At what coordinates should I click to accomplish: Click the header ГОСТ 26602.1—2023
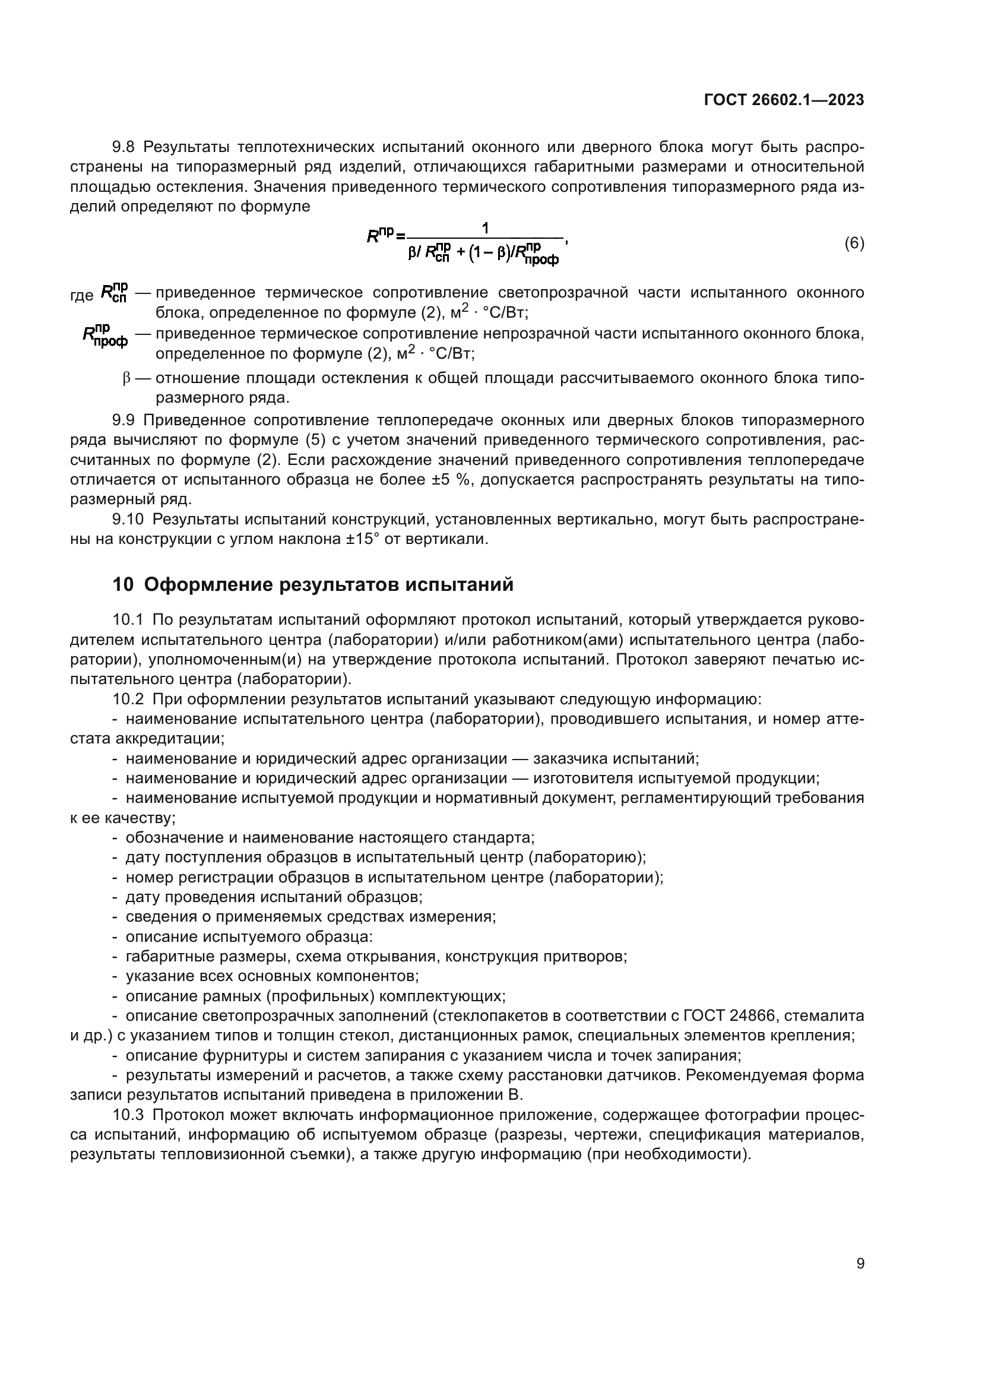(784, 100)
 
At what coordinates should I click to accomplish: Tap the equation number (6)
(854, 243)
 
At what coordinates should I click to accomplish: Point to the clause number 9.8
(125, 147)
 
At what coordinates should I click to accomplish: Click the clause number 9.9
(125, 420)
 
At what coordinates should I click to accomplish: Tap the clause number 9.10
(128, 519)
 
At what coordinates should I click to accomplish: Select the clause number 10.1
(128, 619)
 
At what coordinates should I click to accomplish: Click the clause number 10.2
(128, 700)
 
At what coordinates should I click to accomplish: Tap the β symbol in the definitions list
(126, 379)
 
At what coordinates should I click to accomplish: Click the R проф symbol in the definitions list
(104, 336)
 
